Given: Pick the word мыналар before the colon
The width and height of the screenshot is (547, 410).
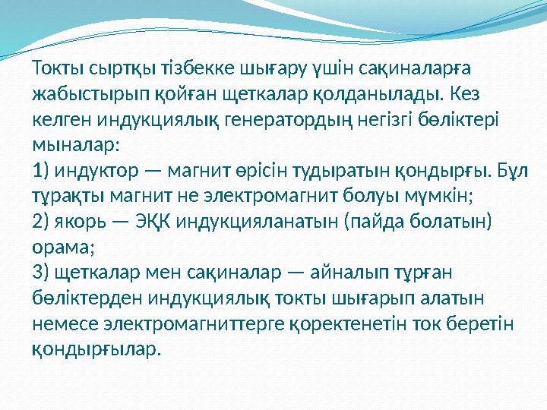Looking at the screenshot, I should [72, 144].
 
